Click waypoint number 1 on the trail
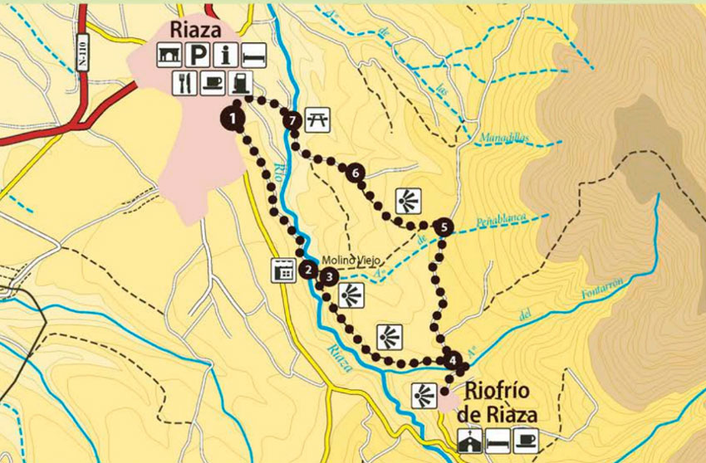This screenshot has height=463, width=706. click(x=234, y=119)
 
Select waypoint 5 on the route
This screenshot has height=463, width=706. click(x=444, y=227)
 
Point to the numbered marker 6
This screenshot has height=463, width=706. click(x=355, y=173)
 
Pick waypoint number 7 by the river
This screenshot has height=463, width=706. click(x=292, y=120)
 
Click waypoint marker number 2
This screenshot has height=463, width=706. click(x=308, y=269)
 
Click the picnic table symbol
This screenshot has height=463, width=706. click(x=318, y=120)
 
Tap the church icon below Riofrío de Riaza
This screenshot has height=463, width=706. click(x=470, y=441)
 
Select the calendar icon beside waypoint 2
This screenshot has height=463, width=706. click(x=284, y=270)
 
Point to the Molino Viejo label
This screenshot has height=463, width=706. click(x=343, y=260)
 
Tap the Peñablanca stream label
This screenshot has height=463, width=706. click(x=503, y=222)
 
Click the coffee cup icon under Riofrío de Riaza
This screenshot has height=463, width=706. click(x=526, y=441)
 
